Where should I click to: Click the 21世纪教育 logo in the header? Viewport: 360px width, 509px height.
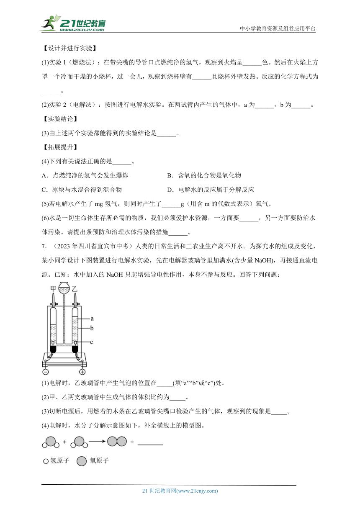73,23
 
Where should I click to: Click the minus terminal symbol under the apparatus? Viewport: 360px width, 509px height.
45,372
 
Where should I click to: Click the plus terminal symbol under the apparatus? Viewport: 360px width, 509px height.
82,372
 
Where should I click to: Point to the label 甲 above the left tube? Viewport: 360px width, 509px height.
53,288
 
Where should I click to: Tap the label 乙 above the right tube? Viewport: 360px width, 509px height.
75,288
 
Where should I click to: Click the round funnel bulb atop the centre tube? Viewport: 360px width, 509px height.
64,288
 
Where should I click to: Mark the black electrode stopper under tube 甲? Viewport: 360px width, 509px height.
53,347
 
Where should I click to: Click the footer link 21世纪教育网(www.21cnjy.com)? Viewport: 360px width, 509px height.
180,491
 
